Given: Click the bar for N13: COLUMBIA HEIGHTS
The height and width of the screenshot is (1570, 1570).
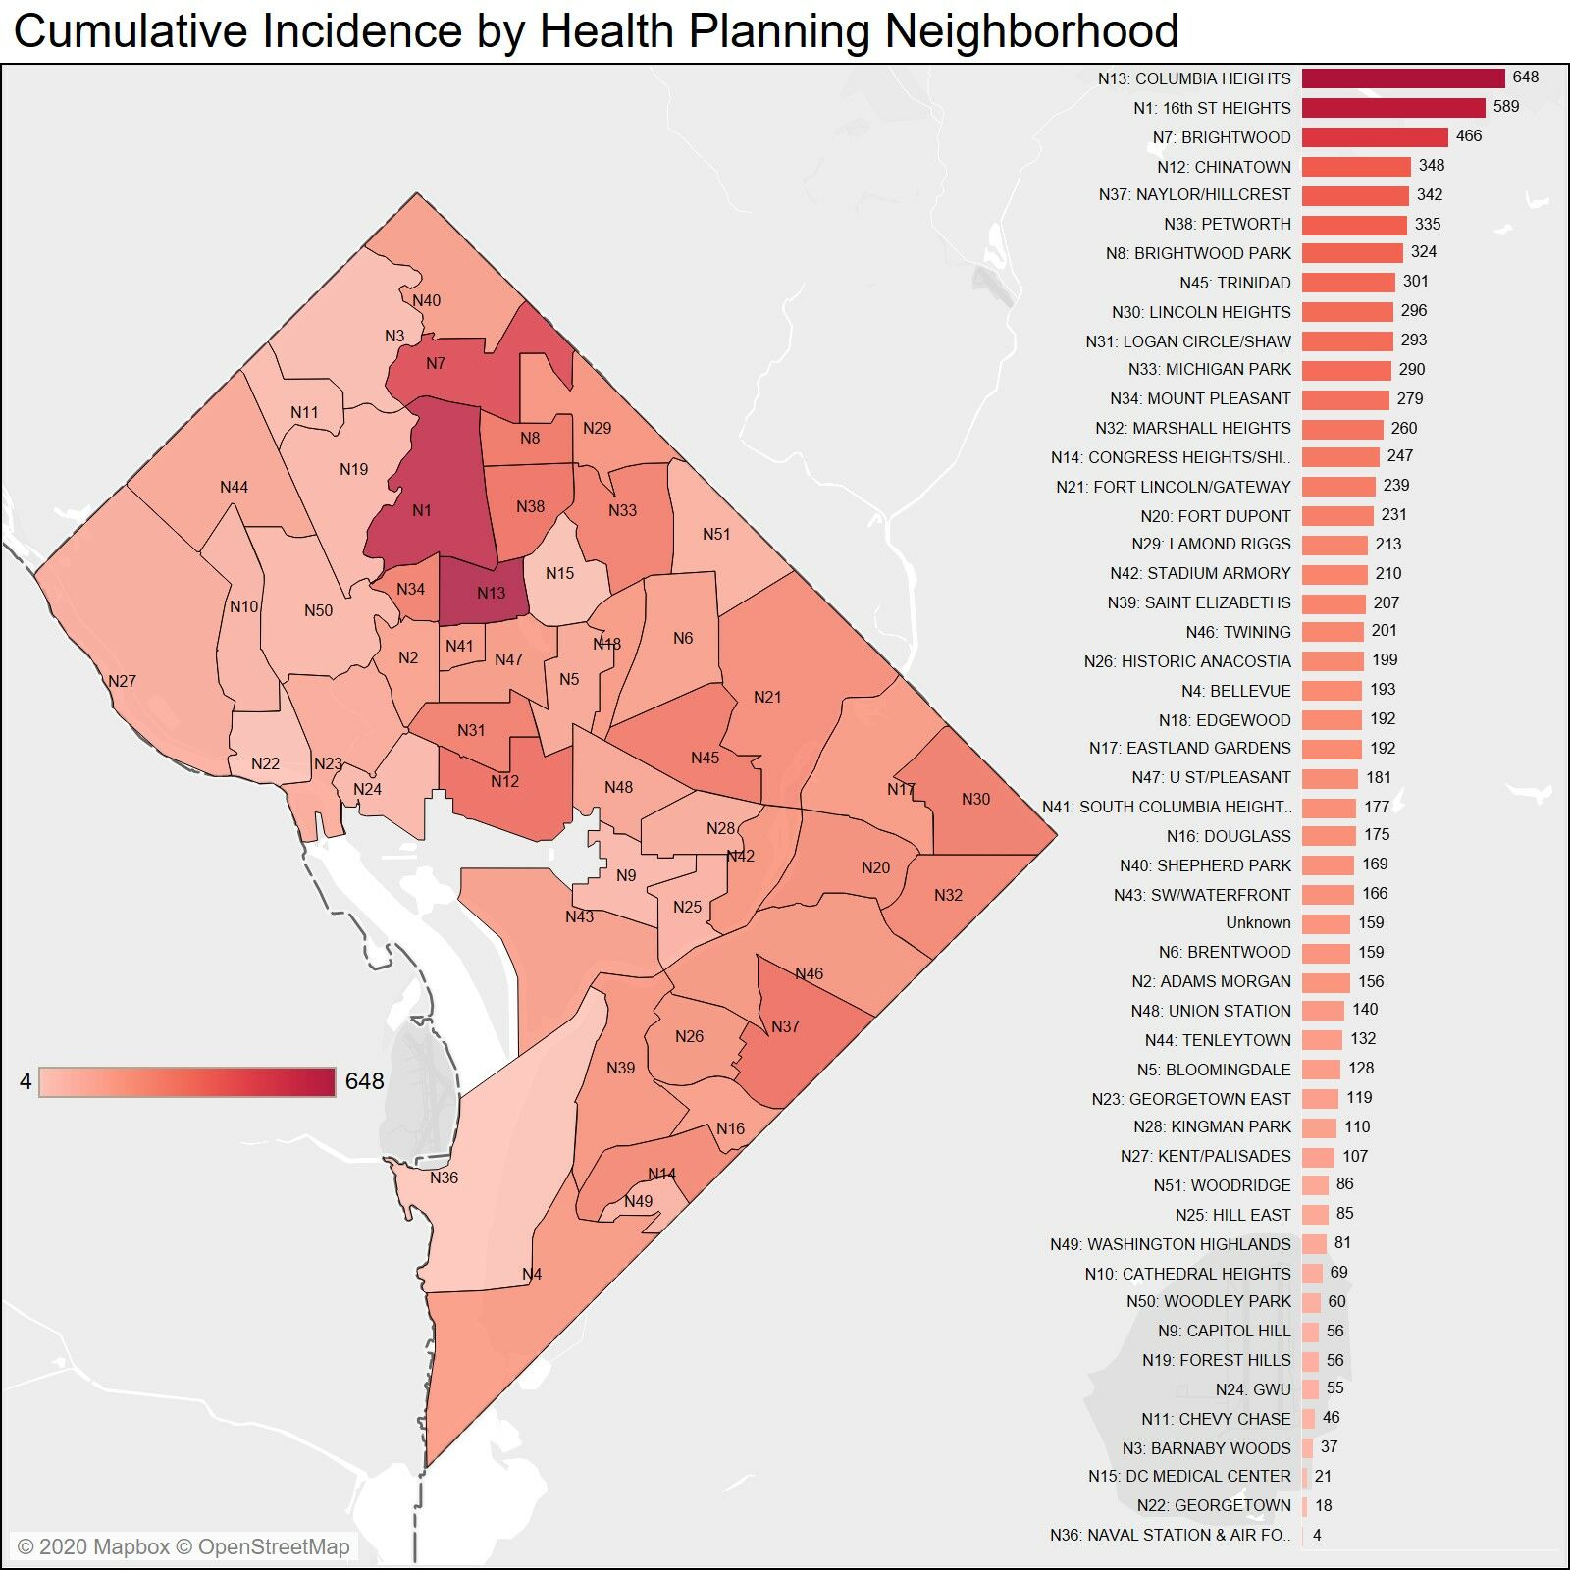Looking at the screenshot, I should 1403,78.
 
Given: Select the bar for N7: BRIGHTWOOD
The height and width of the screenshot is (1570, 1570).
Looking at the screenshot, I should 1375,137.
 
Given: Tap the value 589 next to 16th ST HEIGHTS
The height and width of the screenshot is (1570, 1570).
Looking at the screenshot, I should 1505,107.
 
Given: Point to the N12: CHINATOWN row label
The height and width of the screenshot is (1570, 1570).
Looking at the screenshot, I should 1224,167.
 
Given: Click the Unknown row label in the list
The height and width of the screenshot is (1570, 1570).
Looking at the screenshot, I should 1258,922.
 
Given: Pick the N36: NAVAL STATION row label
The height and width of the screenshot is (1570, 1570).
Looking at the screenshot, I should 1171,1535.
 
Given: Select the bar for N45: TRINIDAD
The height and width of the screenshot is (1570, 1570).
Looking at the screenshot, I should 1348,283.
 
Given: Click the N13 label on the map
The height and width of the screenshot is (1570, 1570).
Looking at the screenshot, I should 491,593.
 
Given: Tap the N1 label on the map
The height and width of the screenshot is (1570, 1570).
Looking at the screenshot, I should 421,510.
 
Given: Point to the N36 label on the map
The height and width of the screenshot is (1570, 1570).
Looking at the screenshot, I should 444,1177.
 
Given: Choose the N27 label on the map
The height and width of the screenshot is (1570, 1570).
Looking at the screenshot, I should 122,681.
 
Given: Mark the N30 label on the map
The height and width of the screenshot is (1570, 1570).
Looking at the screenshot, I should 975,799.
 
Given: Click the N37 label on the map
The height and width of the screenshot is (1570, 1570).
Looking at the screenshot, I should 785,1026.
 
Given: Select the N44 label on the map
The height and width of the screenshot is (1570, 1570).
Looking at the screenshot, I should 234,487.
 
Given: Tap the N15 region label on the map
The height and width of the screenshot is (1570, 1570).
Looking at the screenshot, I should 559,573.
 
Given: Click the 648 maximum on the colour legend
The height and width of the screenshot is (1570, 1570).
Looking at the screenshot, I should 364,1081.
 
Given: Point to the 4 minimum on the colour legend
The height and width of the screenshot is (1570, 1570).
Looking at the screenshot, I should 26,1081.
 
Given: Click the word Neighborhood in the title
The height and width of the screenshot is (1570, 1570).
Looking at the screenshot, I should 1031,31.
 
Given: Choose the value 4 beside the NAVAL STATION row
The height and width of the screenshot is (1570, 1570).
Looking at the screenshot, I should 1317,1535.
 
